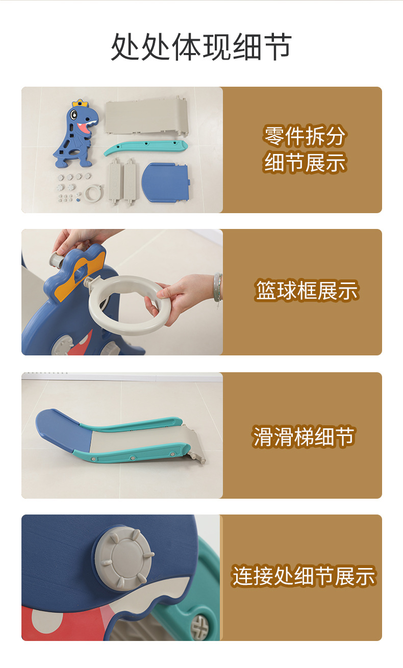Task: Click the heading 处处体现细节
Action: coord(201,47)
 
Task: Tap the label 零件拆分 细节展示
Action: coord(305,149)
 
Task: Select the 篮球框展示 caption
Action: coord(307,291)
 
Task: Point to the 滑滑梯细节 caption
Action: coord(304,436)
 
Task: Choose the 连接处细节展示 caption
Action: coord(304,576)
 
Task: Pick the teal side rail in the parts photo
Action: coord(145,147)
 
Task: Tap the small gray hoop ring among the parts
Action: coord(94,193)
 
